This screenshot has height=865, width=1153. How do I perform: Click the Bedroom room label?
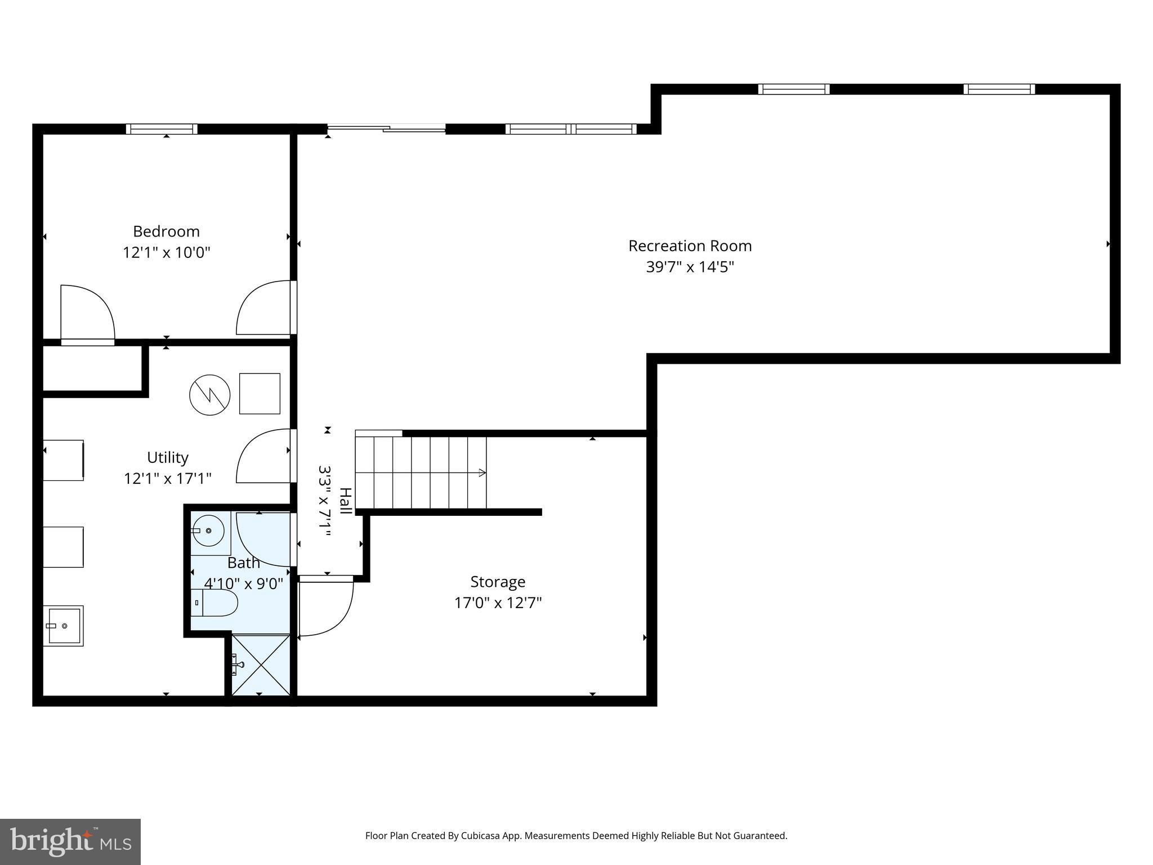click(166, 231)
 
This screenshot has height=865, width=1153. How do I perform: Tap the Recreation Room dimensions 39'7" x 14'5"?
click(690, 267)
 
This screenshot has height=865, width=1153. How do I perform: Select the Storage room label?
click(498, 582)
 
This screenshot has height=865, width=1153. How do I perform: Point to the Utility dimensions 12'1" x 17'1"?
click(167, 479)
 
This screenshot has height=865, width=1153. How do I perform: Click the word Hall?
click(345, 501)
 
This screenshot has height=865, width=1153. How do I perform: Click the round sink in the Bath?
click(208, 530)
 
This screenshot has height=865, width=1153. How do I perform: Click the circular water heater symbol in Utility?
click(209, 395)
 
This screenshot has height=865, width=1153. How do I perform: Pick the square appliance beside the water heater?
click(260, 394)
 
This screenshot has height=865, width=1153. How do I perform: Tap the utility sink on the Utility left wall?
click(63, 626)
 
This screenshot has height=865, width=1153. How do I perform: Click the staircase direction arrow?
click(481, 472)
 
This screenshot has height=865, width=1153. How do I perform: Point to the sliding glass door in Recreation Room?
click(386, 129)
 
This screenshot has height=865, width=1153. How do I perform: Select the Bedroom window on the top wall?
click(162, 129)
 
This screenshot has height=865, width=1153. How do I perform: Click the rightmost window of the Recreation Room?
click(999, 89)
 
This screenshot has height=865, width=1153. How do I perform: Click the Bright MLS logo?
click(70, 841)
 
